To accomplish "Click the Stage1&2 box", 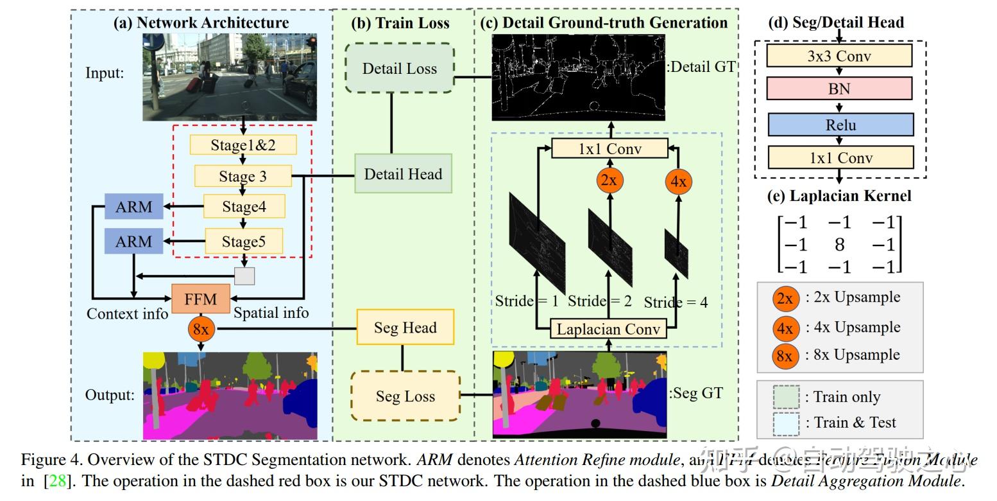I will pos(243,145).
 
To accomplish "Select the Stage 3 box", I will pos(243,176).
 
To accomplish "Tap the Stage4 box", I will pos(244,206).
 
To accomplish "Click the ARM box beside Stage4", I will pos(133,207).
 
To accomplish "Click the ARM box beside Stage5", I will pos(133,242).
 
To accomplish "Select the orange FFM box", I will pos(201,299).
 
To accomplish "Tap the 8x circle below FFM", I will pos(201,330).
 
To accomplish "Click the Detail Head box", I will pos(403,173).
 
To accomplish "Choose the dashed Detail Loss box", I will pos(399,68).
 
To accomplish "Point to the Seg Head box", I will pos(405,328).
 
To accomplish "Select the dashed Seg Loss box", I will pos(405,396).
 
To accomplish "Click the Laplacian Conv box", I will pos(608,330).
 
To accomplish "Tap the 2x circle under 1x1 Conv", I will pos(609,180).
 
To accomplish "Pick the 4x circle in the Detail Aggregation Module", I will pos(677,182).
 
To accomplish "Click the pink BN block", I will pos(839,89).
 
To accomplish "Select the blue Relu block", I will pos(840,125).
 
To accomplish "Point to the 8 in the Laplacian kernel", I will pos(839,244).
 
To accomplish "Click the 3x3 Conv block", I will pos(839,56).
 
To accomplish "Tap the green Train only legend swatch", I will pos(786,397).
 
